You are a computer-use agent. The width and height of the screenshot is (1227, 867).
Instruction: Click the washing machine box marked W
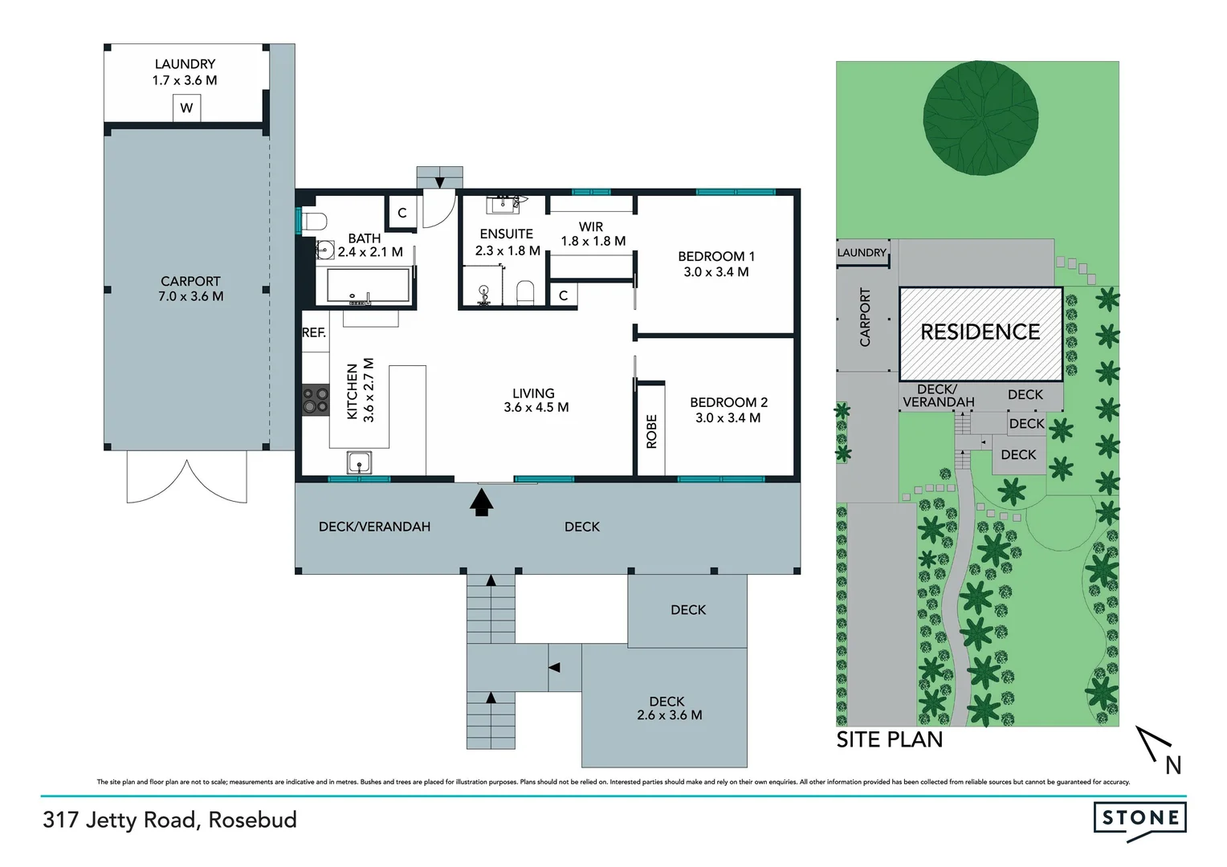(x=186, y=108)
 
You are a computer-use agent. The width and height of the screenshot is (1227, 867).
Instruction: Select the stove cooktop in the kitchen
(x=315, y=401)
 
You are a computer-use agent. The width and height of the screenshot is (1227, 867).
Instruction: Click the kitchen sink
(x=359, y=463)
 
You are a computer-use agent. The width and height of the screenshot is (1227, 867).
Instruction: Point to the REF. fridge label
(x=314, y=332)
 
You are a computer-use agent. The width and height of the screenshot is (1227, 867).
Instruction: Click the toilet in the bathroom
(x=314, y=221)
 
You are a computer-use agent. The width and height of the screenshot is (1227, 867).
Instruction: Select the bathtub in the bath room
(x=369, y=286)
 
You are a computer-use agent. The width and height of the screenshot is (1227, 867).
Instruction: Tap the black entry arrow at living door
(x=481, y=503)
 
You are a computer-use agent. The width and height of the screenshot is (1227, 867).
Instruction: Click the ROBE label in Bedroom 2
(x=651, y=431)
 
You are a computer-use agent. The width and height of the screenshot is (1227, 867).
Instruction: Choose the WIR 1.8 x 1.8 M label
(x=593, y=234)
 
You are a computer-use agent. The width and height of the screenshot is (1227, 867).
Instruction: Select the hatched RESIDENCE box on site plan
(x=980, y=332)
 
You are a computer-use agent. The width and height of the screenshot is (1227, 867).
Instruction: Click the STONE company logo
(x=1139, y=819)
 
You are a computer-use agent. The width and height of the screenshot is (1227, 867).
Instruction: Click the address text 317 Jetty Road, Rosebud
(x=170, y=820)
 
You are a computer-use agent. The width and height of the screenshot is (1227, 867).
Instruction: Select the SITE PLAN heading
(x=889, y=739)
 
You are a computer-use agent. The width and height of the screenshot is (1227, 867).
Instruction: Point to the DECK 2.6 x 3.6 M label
(x=668, y=708)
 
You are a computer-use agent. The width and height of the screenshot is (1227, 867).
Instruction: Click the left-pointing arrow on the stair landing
(x=554, y=667)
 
